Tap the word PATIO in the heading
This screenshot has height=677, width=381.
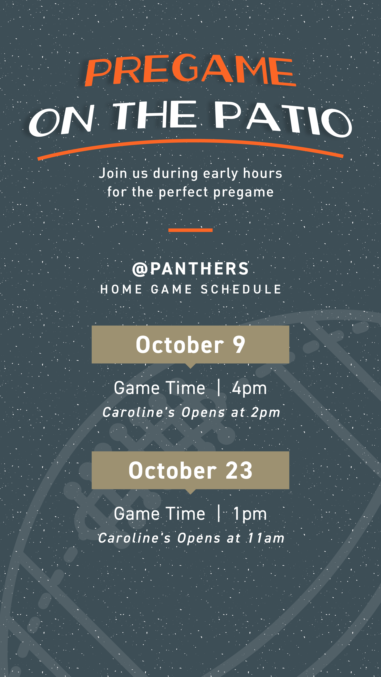(x=283, y=119)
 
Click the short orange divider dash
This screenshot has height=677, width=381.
(x=190, y=230)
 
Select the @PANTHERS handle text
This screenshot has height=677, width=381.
(x=190, y=269)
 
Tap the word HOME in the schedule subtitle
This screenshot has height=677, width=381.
(x=121, y=289)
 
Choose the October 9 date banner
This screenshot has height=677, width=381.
(x=190, y=345)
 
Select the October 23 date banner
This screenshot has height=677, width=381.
(x=190, y=470)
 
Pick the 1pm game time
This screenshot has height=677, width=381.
(x=250, y=514)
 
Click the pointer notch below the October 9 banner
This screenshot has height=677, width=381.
(x=190, y=366)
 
